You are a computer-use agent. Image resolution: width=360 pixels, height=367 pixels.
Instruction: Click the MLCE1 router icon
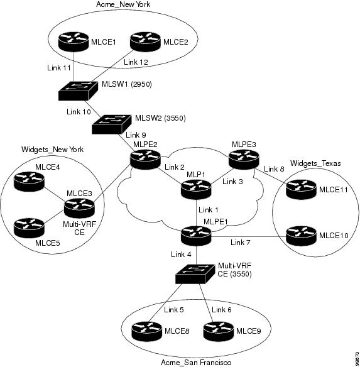tap(74, 42)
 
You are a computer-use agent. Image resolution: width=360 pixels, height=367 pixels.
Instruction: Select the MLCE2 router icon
tap(145, 42)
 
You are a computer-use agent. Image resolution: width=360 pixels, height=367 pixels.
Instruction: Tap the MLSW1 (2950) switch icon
tap(78, 91)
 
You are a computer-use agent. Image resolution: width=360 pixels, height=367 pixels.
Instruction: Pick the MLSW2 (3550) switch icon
tap(111, 124)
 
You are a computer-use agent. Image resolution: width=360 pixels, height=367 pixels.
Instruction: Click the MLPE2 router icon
tap(146, 160)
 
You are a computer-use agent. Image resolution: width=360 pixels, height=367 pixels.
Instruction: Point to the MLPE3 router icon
tap(244, 160)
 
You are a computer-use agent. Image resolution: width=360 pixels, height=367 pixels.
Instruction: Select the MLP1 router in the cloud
tap(196, 189)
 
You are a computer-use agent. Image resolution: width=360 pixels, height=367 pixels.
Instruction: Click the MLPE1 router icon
tap(196, 236)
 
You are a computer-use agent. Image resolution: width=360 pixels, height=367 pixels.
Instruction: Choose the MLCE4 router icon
tap(29, 182)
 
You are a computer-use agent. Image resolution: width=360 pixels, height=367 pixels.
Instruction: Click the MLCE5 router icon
tap(29, 228)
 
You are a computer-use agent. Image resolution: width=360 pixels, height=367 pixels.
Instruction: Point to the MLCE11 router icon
tap(301, 189)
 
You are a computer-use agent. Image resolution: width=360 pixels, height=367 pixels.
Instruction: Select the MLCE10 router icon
tap(301, 236)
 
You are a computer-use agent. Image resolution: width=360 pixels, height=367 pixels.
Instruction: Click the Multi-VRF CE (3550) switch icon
tap(195, 274)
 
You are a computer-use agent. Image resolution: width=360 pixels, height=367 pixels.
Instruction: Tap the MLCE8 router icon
tap(147, 331)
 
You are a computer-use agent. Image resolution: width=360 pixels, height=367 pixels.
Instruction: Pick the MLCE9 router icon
tap(219, 331)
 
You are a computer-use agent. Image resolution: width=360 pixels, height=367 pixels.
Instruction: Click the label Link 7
tap(241, 243)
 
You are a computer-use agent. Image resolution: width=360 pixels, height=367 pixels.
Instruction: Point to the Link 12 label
tap(136, 62)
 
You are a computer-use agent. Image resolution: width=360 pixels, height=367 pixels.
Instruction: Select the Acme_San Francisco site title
tap(196, 363)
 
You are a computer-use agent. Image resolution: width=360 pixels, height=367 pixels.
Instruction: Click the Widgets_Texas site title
tap(315, 163)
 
